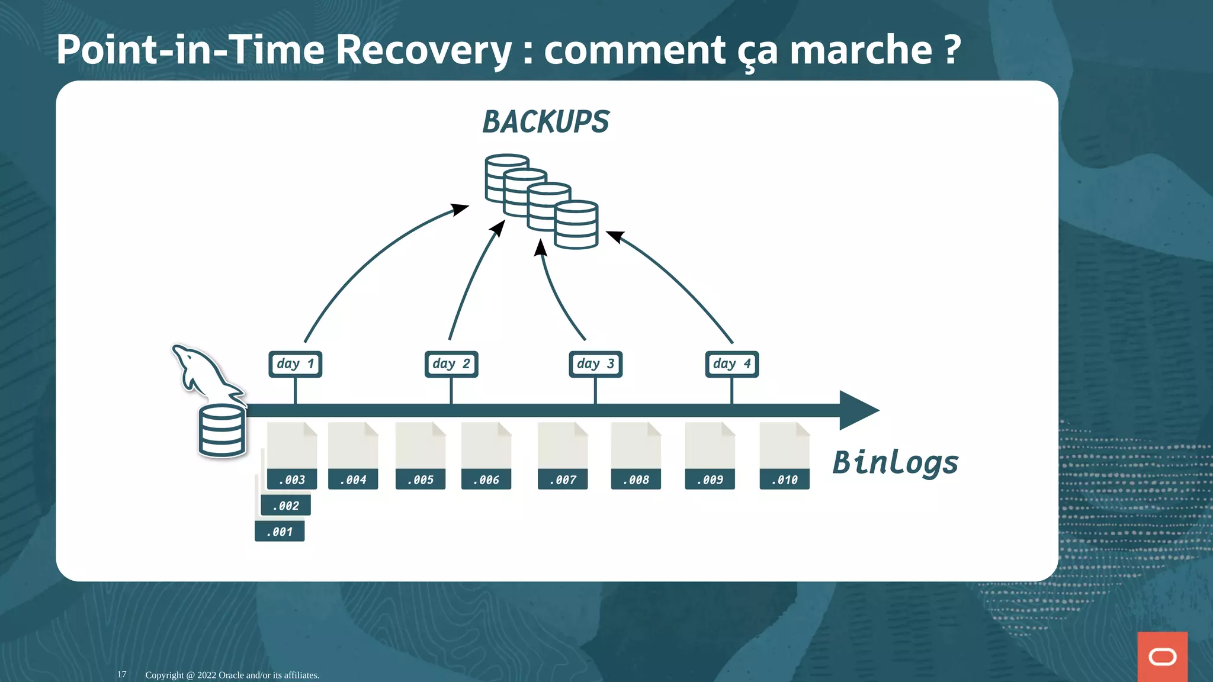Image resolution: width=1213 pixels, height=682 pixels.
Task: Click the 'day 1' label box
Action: click(295, 364)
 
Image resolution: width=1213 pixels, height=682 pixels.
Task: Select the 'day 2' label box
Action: click(451, 364)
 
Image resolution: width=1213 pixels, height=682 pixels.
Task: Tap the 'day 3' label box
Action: click(595, 364)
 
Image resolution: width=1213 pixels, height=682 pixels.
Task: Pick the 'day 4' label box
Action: click(731, 364)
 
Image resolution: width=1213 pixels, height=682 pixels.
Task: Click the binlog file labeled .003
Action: click(291, 456)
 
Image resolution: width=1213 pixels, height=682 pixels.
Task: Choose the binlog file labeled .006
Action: click(486, 456)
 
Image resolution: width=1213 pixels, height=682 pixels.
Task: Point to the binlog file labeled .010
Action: click(784, 456)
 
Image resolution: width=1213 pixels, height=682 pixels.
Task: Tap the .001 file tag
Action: click(280, 532)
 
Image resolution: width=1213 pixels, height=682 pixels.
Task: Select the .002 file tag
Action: click(285, 506)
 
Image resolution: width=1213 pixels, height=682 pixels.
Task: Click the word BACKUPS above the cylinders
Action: click(545, 122)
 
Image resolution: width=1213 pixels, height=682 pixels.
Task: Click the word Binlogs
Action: click(895, 463)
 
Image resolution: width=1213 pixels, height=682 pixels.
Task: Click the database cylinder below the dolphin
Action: click(222, 431)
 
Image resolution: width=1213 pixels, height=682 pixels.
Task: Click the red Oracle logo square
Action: click(1162, 657)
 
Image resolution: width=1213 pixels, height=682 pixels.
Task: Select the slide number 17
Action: click(121, 674)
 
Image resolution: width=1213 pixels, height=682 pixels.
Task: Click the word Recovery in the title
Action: click(423, 50)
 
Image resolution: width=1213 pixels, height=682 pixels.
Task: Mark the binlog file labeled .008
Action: click(636, 456)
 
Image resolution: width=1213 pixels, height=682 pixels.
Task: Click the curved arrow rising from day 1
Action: click(367, 255)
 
